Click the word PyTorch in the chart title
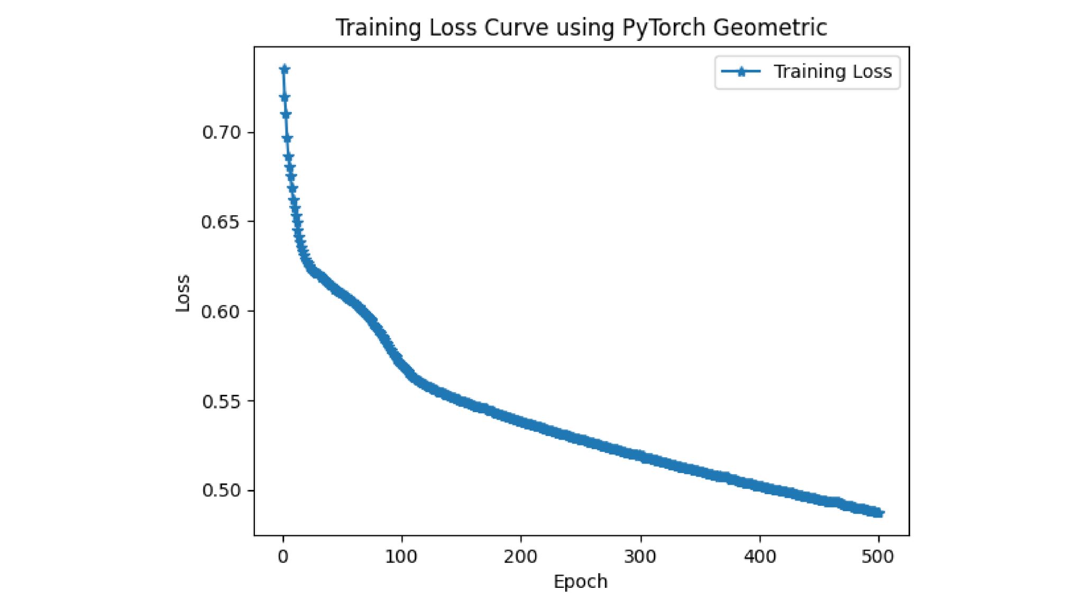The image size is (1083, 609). pyautogui.click(x=664, y=28)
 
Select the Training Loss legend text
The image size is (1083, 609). pyautogui.click(x=832, y=71)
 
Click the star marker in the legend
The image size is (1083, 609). pyautogui.click(x=741, y=72)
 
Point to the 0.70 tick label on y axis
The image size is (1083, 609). pyautogui.click(x=221, y=132)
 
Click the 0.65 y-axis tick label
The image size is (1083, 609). pyautogui.click(x=221, y=222)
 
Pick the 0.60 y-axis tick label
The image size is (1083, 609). pyautogui.click(x=221, y=312)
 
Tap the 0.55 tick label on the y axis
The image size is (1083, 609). pyautogui.click(x=221, y=402)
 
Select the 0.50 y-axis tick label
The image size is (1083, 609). pyautogui.click(x=221, y=490)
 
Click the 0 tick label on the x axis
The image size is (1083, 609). pyautogui.click(x=283, y=557)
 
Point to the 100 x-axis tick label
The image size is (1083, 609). pyautogui.click(x=401, y=557)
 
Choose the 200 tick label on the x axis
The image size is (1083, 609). pyautogui.click(x=521, y=557)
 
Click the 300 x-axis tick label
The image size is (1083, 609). pyautogui.click(x=640, y=557)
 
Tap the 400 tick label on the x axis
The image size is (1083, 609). pyautogui.click(x=760, y=557)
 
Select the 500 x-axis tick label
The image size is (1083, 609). pyautogui.click(x=878, y=557)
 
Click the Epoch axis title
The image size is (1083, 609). pyautogui.click(x=580, y=581)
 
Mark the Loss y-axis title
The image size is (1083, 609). pyautogui.click(x=182, y=293)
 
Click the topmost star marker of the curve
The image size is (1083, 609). pyautogui.click(x=284, y=69)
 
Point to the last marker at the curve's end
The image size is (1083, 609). pyautogui.click(x=879, y=513)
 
